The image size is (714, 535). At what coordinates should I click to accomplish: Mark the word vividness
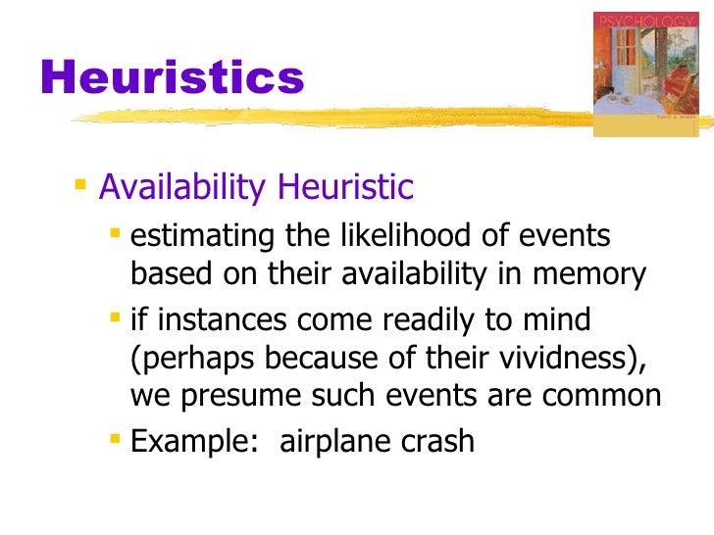[x=554, y=359]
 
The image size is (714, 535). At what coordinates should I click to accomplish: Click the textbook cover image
[x=646, y=73]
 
